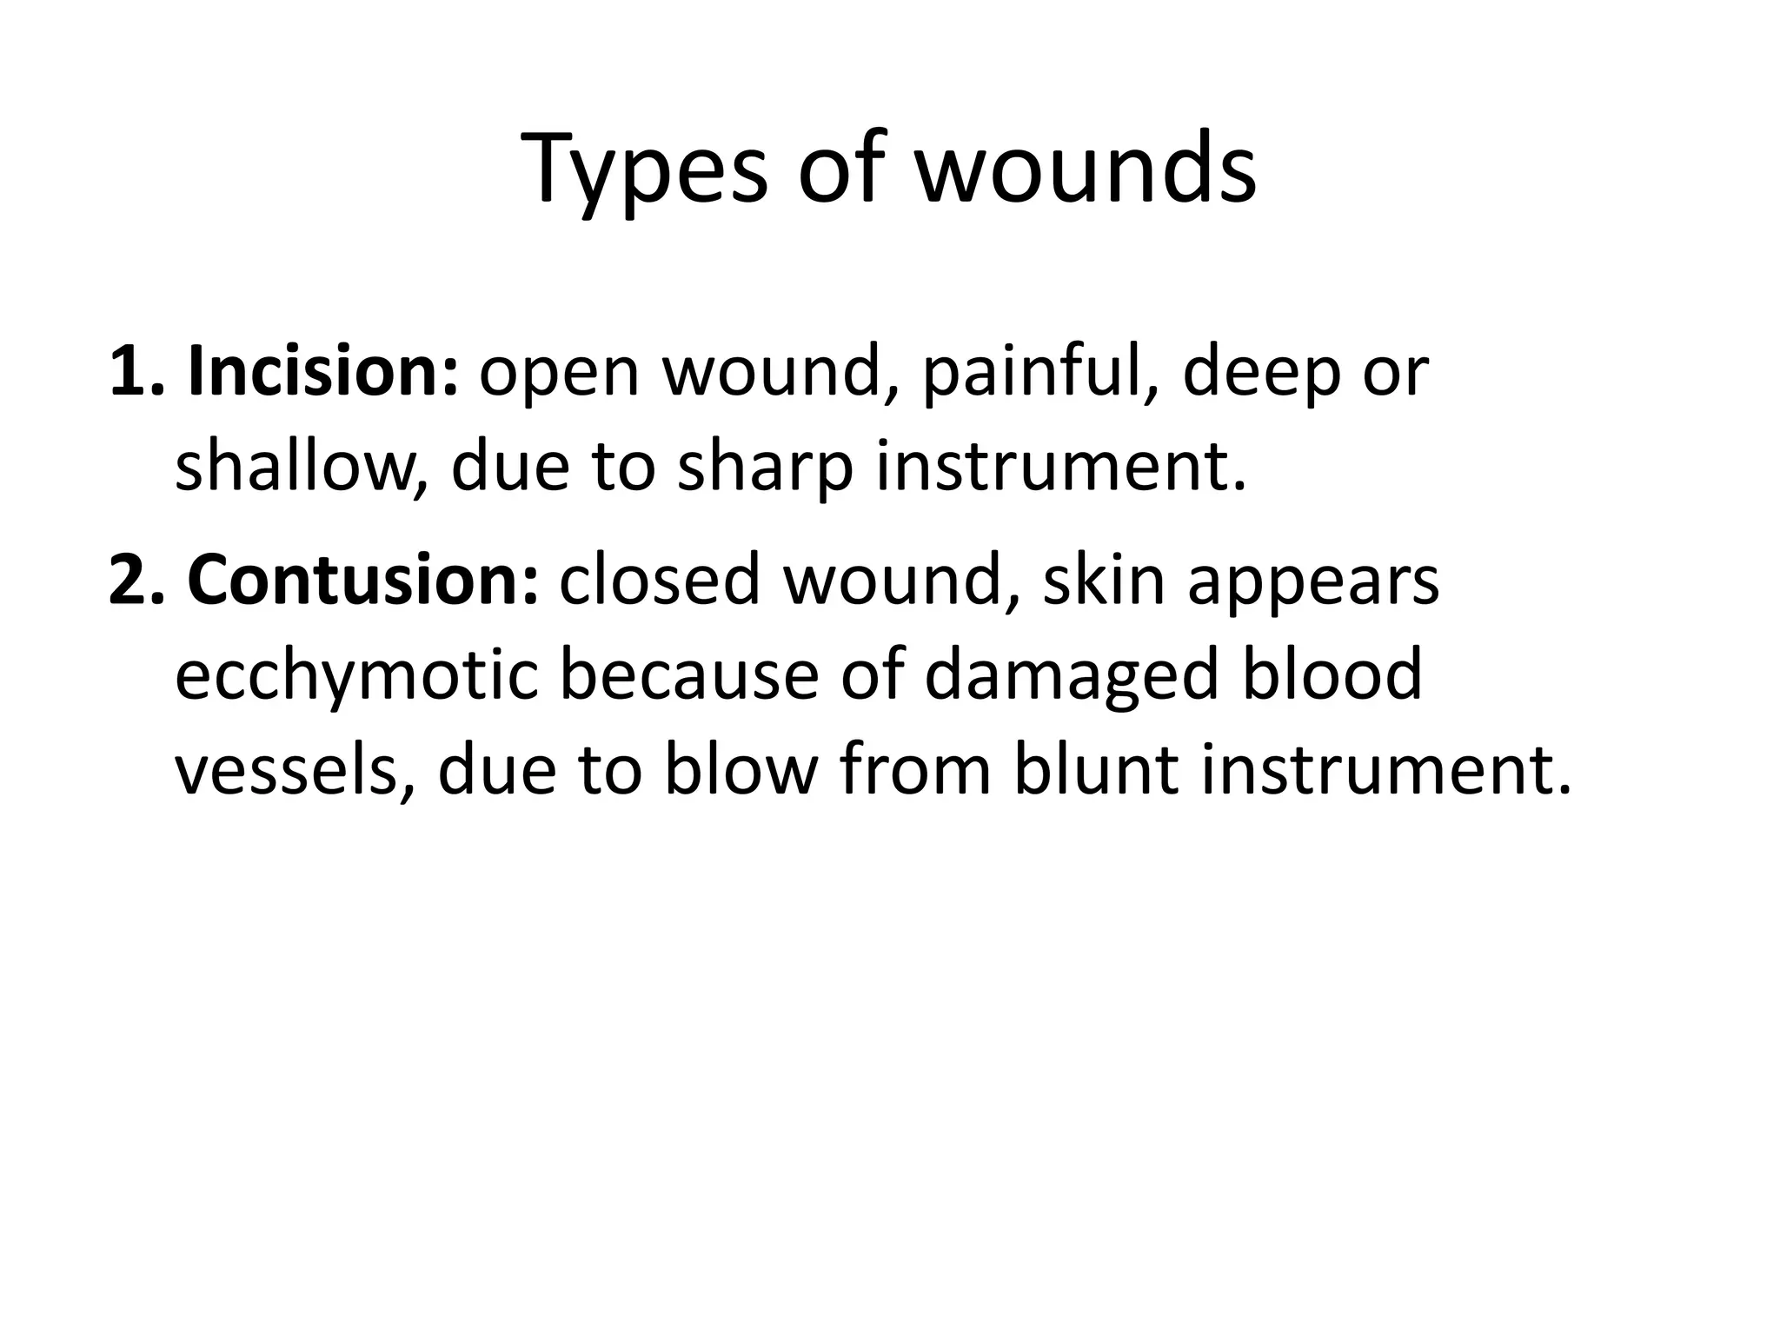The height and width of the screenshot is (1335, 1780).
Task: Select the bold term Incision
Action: click(x=322, y=372)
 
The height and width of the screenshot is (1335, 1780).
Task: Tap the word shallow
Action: click(x=296, y=468)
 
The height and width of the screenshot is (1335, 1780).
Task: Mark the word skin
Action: click(x=1103, y=581)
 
